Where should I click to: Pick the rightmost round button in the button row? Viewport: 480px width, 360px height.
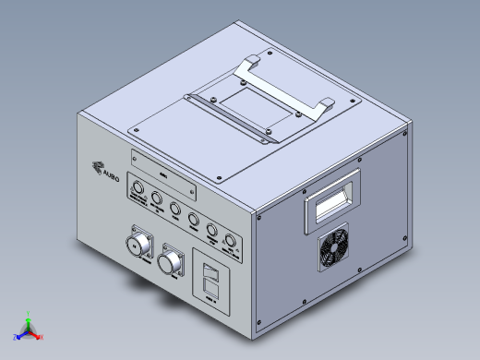[231, 244]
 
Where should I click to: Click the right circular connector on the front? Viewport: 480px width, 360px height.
[171, 262]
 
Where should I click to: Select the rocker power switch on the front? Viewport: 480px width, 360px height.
[211, 274]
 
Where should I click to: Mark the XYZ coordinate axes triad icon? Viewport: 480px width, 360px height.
[29, 330]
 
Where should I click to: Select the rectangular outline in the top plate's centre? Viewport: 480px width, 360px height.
[251, 110]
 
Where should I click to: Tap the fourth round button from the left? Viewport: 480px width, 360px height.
[194, 219]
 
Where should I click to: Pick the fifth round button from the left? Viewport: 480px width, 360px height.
[212, 231]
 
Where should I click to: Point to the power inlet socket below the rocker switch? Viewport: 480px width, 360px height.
[211, 292]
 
